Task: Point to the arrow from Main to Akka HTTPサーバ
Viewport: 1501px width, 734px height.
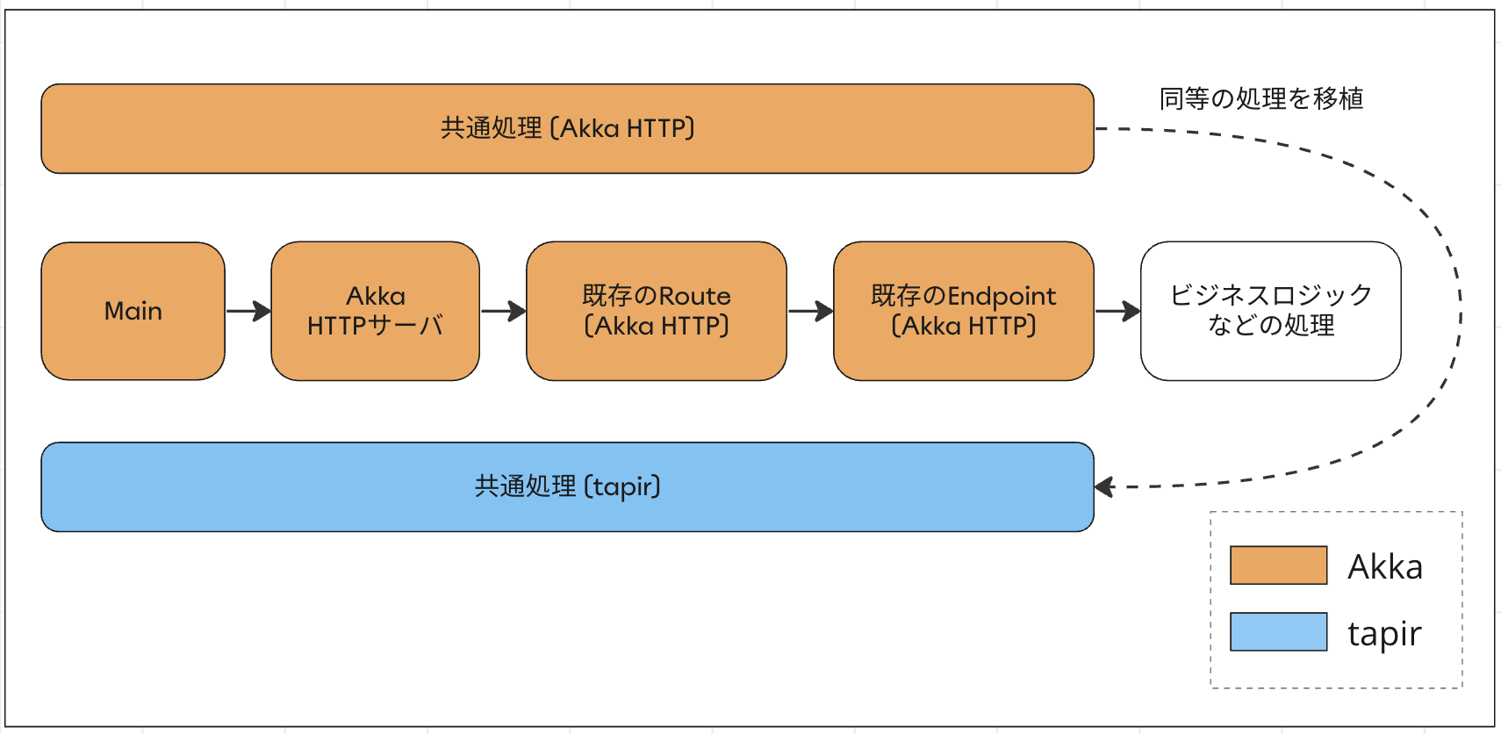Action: (248, 311)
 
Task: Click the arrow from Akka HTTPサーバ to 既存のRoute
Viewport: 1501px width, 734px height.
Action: (503, 311)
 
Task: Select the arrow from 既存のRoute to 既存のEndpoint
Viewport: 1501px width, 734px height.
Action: (810, 311)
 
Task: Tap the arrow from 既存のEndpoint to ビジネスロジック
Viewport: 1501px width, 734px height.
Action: (1117, 311)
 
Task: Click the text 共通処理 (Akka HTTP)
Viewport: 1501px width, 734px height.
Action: (567, 128)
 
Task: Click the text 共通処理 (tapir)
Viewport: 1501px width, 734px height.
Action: (567, 486)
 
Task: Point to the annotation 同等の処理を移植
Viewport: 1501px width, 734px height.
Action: (1260, 98)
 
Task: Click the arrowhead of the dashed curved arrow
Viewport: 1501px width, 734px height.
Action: (1104, 486)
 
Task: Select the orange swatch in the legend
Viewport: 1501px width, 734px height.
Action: (1278, 565)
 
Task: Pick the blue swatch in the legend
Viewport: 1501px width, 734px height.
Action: (1278, 632)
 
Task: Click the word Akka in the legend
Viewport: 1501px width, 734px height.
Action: (1384, 567)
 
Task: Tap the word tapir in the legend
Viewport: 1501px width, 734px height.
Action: (1384, 634)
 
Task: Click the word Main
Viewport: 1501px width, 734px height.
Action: (133, 311)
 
